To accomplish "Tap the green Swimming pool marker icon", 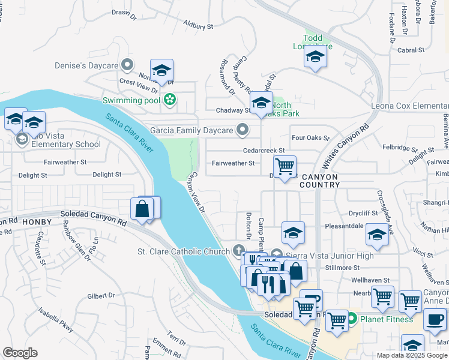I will (170, 100).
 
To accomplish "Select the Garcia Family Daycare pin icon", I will (243, 130).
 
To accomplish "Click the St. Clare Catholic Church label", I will (184, 251).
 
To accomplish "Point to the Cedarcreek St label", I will (262, 151).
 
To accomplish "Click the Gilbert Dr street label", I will (100, 295).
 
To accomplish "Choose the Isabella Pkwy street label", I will (56, 320).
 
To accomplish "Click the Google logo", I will (20, 353).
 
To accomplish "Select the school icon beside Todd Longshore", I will (315, 57).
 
